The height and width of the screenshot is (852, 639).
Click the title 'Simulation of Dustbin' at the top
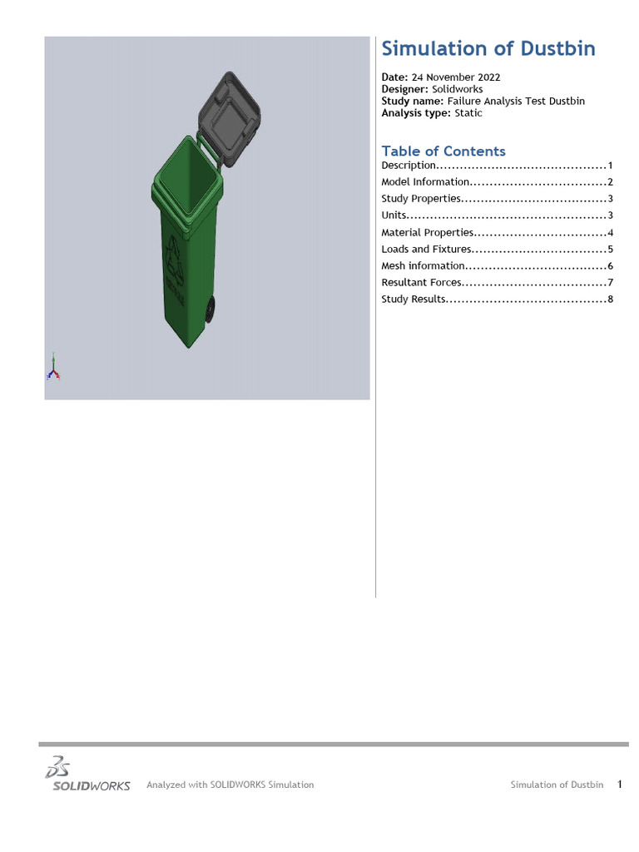coord(488,49)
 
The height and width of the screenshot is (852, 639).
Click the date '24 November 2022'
coord(456,77)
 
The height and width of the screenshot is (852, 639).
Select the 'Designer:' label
coord(405,89)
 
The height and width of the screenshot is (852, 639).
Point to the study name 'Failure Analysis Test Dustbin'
coord(516,101)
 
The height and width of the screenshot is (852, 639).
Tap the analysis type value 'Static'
coord(468,113)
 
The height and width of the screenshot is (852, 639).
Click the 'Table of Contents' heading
coord(443,151)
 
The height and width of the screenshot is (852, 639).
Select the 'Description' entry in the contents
coord(408,166)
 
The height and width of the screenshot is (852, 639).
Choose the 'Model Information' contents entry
coord(425,182)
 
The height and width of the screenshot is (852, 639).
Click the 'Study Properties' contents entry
coord(421,199)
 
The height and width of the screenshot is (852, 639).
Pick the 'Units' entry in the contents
coord(394,215)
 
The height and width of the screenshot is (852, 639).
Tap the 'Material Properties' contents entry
coord(428,233)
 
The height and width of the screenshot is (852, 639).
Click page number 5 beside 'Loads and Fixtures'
coord(610,250)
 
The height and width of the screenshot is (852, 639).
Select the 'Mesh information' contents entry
coord(423,266)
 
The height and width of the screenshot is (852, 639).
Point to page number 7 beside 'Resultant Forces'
coord(610,283)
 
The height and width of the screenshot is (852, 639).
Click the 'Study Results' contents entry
coord(414,300)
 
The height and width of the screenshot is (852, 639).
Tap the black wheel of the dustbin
coord(211,310)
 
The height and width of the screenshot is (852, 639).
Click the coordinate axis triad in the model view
coord(53,367)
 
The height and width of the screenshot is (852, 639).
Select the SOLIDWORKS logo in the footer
coord(87,775)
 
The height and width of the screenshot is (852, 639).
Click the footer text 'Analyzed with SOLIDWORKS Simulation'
coord(230,785)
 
